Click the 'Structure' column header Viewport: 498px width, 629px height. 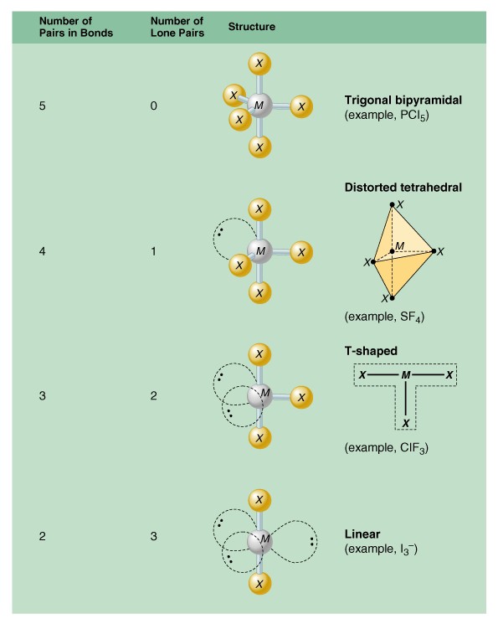252,27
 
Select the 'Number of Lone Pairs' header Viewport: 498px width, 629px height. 177,27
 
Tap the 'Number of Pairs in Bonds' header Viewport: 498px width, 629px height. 76,27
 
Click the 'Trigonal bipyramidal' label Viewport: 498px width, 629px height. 403,100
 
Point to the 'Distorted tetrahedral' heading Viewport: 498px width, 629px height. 403,188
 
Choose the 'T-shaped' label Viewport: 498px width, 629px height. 371,351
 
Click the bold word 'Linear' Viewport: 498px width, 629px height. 362,534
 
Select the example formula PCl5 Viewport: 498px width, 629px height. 414,116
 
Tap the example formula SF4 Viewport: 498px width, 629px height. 412,317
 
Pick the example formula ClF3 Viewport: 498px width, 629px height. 413,448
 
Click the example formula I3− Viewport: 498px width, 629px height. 408,549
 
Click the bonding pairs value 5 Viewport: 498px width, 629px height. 42,106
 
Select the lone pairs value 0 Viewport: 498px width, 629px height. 153,106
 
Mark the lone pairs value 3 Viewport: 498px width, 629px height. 153,536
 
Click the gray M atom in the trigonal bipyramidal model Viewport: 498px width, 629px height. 259,106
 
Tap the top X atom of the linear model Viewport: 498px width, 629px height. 259,500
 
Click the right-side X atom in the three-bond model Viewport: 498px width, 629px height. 301,398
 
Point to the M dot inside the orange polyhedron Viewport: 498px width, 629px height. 393,251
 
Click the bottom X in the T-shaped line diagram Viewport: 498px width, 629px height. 406,423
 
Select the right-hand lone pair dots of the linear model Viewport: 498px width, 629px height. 312,542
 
